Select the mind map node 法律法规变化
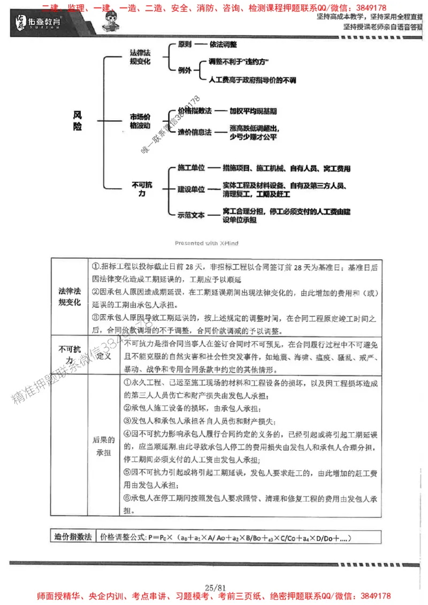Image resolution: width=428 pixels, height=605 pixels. click(140, 57)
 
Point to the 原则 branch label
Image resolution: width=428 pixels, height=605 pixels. click(185, 45)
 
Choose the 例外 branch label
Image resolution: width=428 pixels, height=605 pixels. click(185, 70)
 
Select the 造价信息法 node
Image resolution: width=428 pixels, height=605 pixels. click(195, 131)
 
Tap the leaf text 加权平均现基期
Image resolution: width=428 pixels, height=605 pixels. click(253, 112)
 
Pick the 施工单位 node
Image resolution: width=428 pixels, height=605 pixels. click(192, 168)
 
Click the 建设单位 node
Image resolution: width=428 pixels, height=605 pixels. click(192, 189)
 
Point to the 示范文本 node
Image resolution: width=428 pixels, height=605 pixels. click(192, 215)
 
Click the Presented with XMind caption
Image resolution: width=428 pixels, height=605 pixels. click(207, 243)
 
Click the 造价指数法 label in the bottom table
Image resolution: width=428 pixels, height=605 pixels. click(73, 536)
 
